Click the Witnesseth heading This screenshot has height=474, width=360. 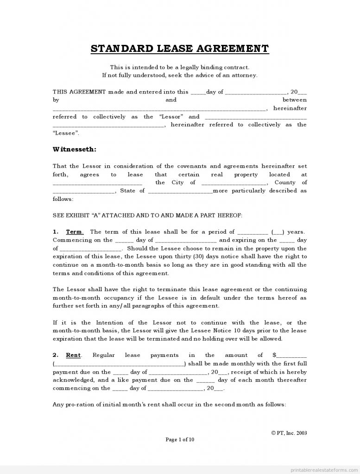[75, 149]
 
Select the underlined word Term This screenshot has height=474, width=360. [74, 231]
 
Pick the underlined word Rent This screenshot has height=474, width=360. [73, 355]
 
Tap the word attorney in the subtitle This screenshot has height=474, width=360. [246, 75]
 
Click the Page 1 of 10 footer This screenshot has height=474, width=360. [180, 440]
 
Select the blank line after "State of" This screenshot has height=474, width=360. [180, 191]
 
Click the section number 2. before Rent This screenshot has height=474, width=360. [55, 355]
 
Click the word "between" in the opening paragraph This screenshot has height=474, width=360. [294, 100]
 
